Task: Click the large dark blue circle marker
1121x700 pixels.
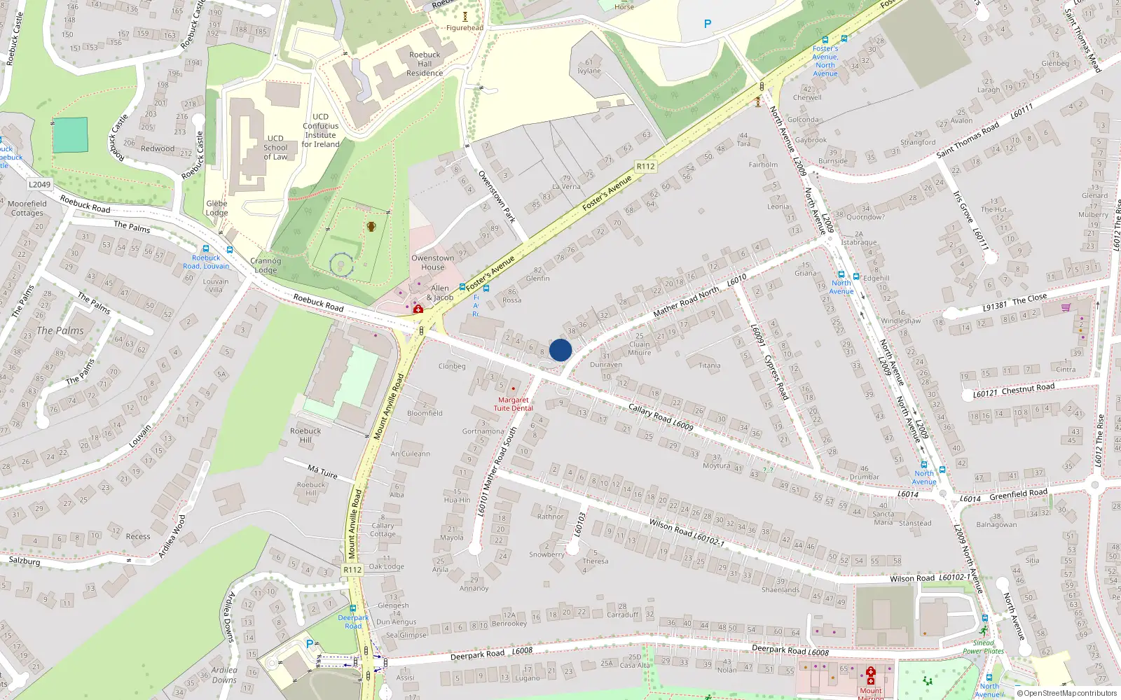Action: pyautogui.click(x=560, y=350)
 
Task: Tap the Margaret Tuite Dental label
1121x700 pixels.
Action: pyautogui.click(x=514, y=404)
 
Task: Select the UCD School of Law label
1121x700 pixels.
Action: pyautogui.click(x=275, y=148)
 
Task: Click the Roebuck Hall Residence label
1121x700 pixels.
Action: pyautogui.click(x=425, y=64)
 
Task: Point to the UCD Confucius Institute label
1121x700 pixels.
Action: pyautogui.click(x=320, y=131)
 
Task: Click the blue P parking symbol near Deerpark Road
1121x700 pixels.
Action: pyautogui.click(x=310, y=643)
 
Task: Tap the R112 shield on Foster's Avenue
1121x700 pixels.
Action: pyautogui.click(x=645, y=167)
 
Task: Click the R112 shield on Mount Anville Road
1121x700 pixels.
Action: pyautogui.click(x=352, y=570)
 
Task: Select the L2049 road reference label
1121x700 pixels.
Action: pyautogui.click(x=39, y=185)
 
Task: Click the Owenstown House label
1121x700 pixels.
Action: pyautogui.click(x=432, y=262)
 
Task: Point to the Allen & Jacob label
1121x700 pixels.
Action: pyautogui.click(x=440, y=293)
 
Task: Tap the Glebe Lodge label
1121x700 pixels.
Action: pyautogui.click(x=216, y=209)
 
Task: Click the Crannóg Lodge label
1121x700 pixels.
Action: pyautogui.click(x=266, y=265)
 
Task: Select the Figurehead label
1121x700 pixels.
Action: pyautogui.click(x=465, y=28)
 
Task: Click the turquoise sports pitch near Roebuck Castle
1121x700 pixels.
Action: pyautogui.click(x=70, y=135)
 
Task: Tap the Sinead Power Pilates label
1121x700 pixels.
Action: pyautogui.click(x=983, y=647)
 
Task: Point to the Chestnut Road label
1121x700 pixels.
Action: pyautogui.click(x=1028, y=388)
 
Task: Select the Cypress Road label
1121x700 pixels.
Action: pyautogui.click(x=776, y=377)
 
